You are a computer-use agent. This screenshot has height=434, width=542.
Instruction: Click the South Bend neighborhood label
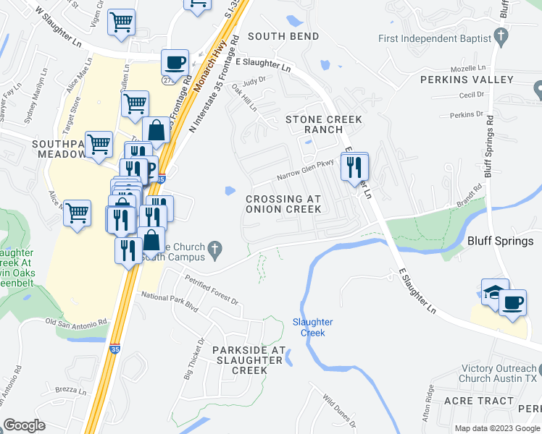click(x=283, y=36)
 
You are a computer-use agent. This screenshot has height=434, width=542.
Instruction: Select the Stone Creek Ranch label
click(x=314, y=124)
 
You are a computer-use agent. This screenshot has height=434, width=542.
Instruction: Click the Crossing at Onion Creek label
click(x=283, y=204)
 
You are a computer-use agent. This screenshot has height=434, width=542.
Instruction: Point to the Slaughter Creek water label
click(x=313, y=327)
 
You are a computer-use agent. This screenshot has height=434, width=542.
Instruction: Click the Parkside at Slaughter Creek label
click(x=239, y=359)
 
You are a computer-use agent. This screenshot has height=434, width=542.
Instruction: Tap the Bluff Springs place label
click(x=500, y=241)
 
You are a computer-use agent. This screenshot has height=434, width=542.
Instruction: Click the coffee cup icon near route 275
click(x=175, y=61)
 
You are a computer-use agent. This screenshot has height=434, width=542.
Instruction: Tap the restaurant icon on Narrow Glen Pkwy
click(x=354, y=167)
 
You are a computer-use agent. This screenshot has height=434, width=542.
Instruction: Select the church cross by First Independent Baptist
click(x=501, y=36)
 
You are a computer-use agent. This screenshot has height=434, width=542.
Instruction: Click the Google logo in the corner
click(x=25, y=425)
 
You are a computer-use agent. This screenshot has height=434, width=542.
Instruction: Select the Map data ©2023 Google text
click(x=497, y=428)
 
